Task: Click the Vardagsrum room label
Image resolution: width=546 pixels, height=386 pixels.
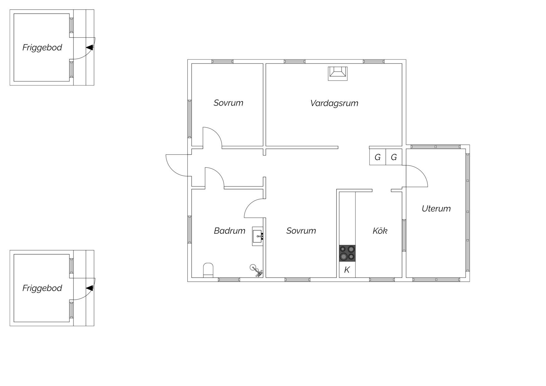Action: tap(334, 103)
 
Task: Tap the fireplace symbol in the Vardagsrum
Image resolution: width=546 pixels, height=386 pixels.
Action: tap(338, 73)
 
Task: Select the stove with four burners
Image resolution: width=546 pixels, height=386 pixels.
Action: tap(347, 253)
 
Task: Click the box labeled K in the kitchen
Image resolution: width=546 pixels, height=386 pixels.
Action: tap(347, 270)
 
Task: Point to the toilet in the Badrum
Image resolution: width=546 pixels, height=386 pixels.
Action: tap(208, 270)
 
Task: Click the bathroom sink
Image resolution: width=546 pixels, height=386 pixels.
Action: tap(258, 236)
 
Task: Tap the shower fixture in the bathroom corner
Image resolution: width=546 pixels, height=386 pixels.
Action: tap(257, 271)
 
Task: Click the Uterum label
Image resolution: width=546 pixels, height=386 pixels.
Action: tap(436, 209)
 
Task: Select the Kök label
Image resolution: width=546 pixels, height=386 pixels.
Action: tap(380, 231)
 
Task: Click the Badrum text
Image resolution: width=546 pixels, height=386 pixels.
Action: tap(229, 231)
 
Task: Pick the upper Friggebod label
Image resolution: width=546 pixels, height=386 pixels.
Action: tap(42, 48)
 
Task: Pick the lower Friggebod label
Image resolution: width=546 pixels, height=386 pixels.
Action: tap(42, 288)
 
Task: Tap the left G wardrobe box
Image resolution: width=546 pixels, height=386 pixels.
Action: tap(378, 157)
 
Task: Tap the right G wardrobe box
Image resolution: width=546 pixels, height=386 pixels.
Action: tap(394, 157)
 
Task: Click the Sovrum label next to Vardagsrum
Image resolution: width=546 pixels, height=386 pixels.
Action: tap(228, 103)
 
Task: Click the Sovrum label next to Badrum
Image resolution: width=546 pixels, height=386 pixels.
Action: tap(301, 231)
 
